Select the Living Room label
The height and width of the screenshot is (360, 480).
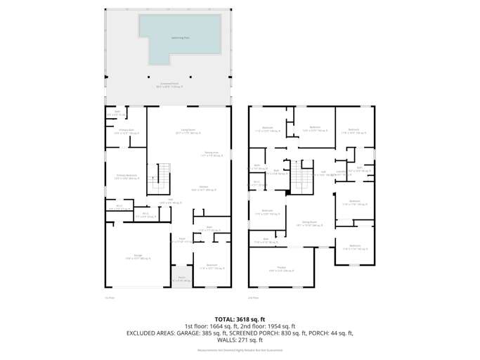click(188, 131)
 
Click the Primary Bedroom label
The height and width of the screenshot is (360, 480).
click(127, 176)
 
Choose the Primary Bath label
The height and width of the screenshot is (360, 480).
click(127, 131)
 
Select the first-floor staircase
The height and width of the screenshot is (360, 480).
click(163, 176)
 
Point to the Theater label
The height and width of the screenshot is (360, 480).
click(280, 269)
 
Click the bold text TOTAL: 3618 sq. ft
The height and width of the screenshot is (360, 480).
click(239, 319)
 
